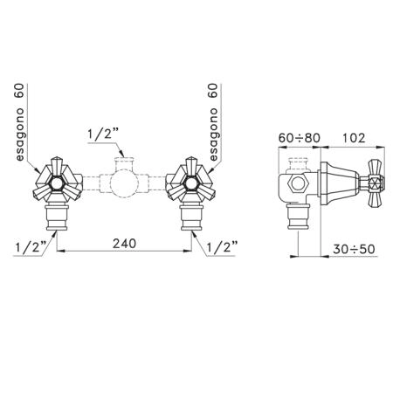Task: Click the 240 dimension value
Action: point(124,244)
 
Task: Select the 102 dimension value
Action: point(353,138)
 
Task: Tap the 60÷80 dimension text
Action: point(300,138)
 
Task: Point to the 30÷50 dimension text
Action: point(354,249)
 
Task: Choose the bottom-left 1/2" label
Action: point(31,247)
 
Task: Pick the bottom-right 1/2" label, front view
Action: point(222,247)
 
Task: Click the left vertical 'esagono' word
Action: point(20,134)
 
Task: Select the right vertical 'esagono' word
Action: point(213,134)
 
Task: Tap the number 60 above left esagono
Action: point(20,91)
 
